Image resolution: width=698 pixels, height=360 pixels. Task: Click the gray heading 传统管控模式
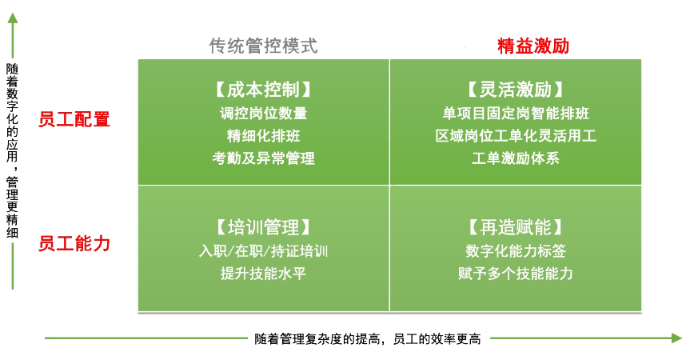(x=264, y=46)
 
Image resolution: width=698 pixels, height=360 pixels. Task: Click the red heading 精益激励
(x=533, y=46)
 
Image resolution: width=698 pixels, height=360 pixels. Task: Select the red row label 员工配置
(x=74, y=119)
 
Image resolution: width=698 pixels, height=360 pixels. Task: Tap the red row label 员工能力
(x=74, y=244)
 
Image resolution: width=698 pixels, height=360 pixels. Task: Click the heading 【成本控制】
(x=264, y=90)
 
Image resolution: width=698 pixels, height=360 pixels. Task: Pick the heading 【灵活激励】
(x=516, y=90)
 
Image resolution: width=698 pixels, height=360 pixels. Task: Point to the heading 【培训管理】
(x=264, y=227)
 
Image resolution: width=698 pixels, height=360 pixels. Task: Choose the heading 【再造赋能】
(x=516, y=227)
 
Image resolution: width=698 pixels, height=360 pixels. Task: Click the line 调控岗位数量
(x=264, y=113)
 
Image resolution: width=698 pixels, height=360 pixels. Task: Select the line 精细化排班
(x=264, y=135)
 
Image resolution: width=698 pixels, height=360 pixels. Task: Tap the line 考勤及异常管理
(x=264, y=158)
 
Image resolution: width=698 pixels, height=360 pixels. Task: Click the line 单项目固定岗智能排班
(x=516, y=113)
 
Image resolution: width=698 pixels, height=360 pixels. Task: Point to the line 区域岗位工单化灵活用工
(x=516, y=135)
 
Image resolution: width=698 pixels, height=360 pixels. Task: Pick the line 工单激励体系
(x=516, y=158)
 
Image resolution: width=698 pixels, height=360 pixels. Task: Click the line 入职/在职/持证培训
(x=264, y=251)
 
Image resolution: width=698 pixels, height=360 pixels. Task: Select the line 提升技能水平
(x=264, y=273)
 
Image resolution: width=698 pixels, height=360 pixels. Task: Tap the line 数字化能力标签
(x=516, y=251)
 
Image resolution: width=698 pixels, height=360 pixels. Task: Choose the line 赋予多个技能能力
(x=516, y=273)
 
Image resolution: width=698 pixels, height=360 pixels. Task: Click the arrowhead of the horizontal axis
(x=677, y=338)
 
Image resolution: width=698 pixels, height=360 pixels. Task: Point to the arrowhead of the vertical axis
(x=13, y=18)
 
